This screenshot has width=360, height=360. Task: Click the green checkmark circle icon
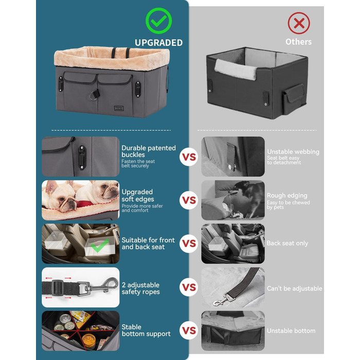tap(158, 21)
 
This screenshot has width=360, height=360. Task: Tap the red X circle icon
tap(299, 23)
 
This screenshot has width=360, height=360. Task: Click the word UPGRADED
tap(158, 43)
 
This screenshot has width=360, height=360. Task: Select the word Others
tap(298, 42)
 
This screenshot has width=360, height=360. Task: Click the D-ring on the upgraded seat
tap(94, 95)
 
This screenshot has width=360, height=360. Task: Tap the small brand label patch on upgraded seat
tap(119, 108)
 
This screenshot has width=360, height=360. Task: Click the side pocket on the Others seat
tap(294, 99)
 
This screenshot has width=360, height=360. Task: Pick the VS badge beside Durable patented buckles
tap(189, 157)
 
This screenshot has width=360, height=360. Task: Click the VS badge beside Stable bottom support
tap(189, 330)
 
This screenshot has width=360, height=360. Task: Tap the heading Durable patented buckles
tap(149, 151)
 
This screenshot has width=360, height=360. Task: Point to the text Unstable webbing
tap(293, 152)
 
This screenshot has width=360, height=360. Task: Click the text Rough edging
tap(287, 195)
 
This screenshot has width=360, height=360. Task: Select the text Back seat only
tap(287, 243)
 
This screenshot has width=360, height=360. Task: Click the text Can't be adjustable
tap(295, 289)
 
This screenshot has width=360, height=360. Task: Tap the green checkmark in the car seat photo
tap(100, 245)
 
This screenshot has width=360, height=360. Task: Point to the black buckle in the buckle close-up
tap(82, 158)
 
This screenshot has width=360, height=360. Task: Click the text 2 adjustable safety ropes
tap(140, 289)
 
